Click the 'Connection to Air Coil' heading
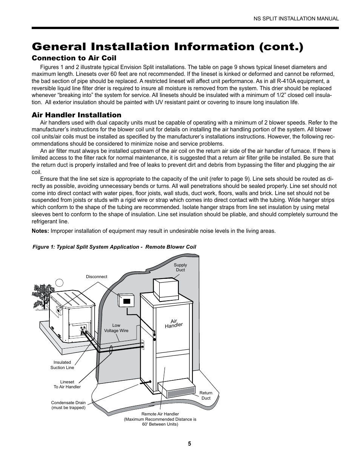click(74, 58)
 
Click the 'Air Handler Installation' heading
click(76, 115)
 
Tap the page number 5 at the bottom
click(189, 444)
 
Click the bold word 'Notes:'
click(40, 231)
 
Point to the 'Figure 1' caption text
click(114, 247)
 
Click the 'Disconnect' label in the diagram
click(97, 277)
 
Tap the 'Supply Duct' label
click(180, 268)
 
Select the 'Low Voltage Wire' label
click(116, 328)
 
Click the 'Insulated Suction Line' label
click(62, 365)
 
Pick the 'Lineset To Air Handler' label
click(67, 384)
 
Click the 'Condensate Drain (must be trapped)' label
click(68, 405)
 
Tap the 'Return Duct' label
click(206, 395)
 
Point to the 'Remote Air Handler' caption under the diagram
click(160, 419)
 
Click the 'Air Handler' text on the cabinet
click(174, 323)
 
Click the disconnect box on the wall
click(126, 301)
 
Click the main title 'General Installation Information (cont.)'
click(167, 46)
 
